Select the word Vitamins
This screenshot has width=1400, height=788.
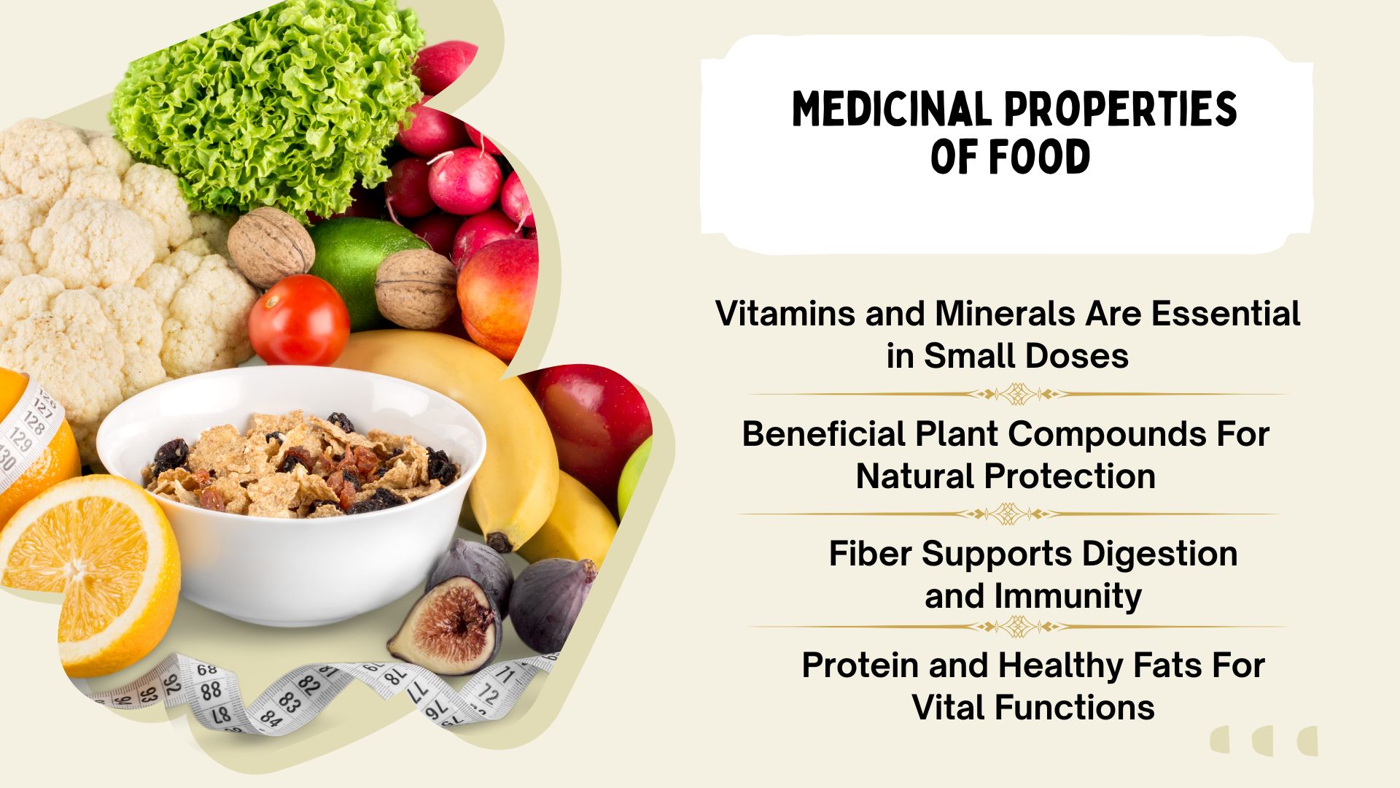point(786,314)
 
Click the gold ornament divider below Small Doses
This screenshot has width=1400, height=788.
point(1018,395)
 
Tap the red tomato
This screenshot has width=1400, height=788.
point(299,320)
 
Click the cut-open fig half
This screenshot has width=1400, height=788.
point(446,626)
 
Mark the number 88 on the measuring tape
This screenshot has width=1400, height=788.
point(211,690)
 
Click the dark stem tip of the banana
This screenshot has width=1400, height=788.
point(499,542)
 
